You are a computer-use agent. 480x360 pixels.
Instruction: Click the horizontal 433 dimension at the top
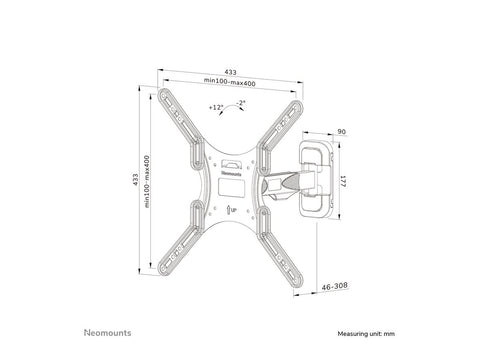pyautogui.click(x=231, y=72)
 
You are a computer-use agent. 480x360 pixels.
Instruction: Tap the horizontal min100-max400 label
pyautogui.click(x=231, y=81)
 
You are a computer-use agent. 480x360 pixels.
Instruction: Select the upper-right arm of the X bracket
pyautogui.click(x=284, y=120)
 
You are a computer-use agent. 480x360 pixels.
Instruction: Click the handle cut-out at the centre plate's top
pyautogui.click(x=231, y=164)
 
